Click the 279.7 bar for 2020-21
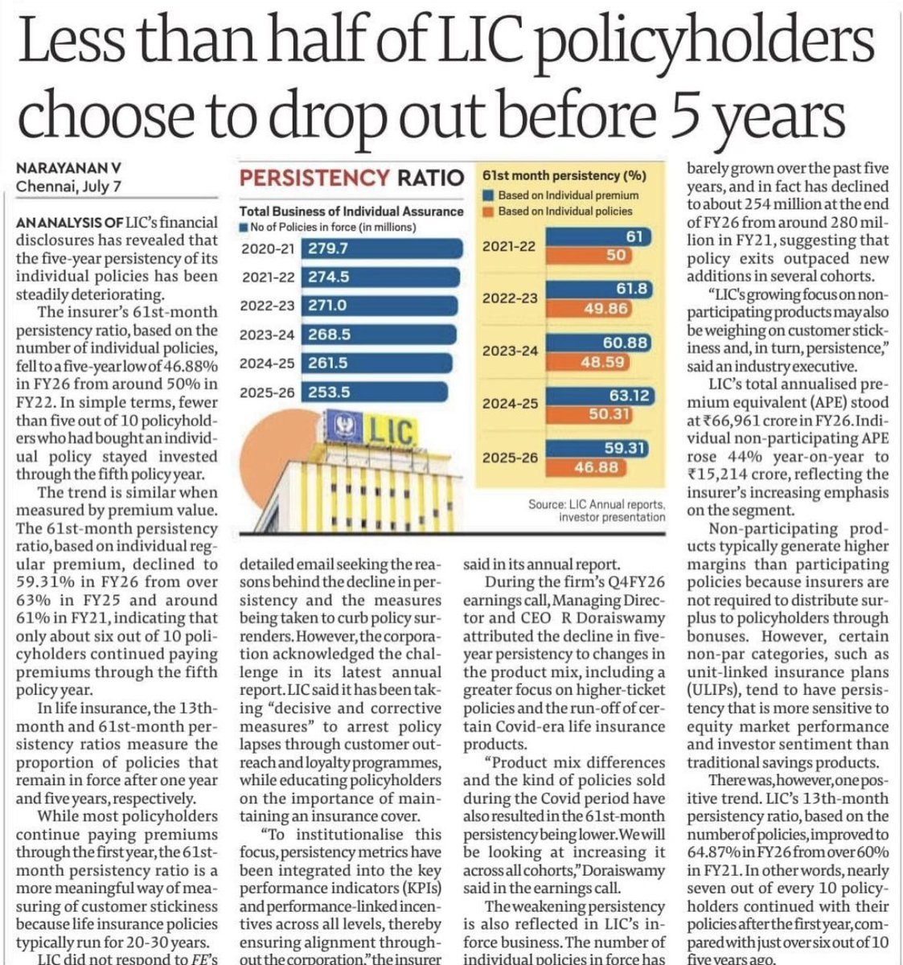[x=381, y=248]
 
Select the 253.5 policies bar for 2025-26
[x=374, y=392]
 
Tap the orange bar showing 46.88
[x=585, y=467]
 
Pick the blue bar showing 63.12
[x=600, y=396]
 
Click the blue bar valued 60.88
[x=598, y=343]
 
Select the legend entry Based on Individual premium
[x=560, y=195]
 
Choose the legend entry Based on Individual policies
[x=557, y=211]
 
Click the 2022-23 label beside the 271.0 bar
[x=267, y=306]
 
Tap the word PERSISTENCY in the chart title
[x=314, y=178]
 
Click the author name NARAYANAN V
[x=68, y=168]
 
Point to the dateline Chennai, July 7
[x=68, y=187]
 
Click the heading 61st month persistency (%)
[x=564, y=176]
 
